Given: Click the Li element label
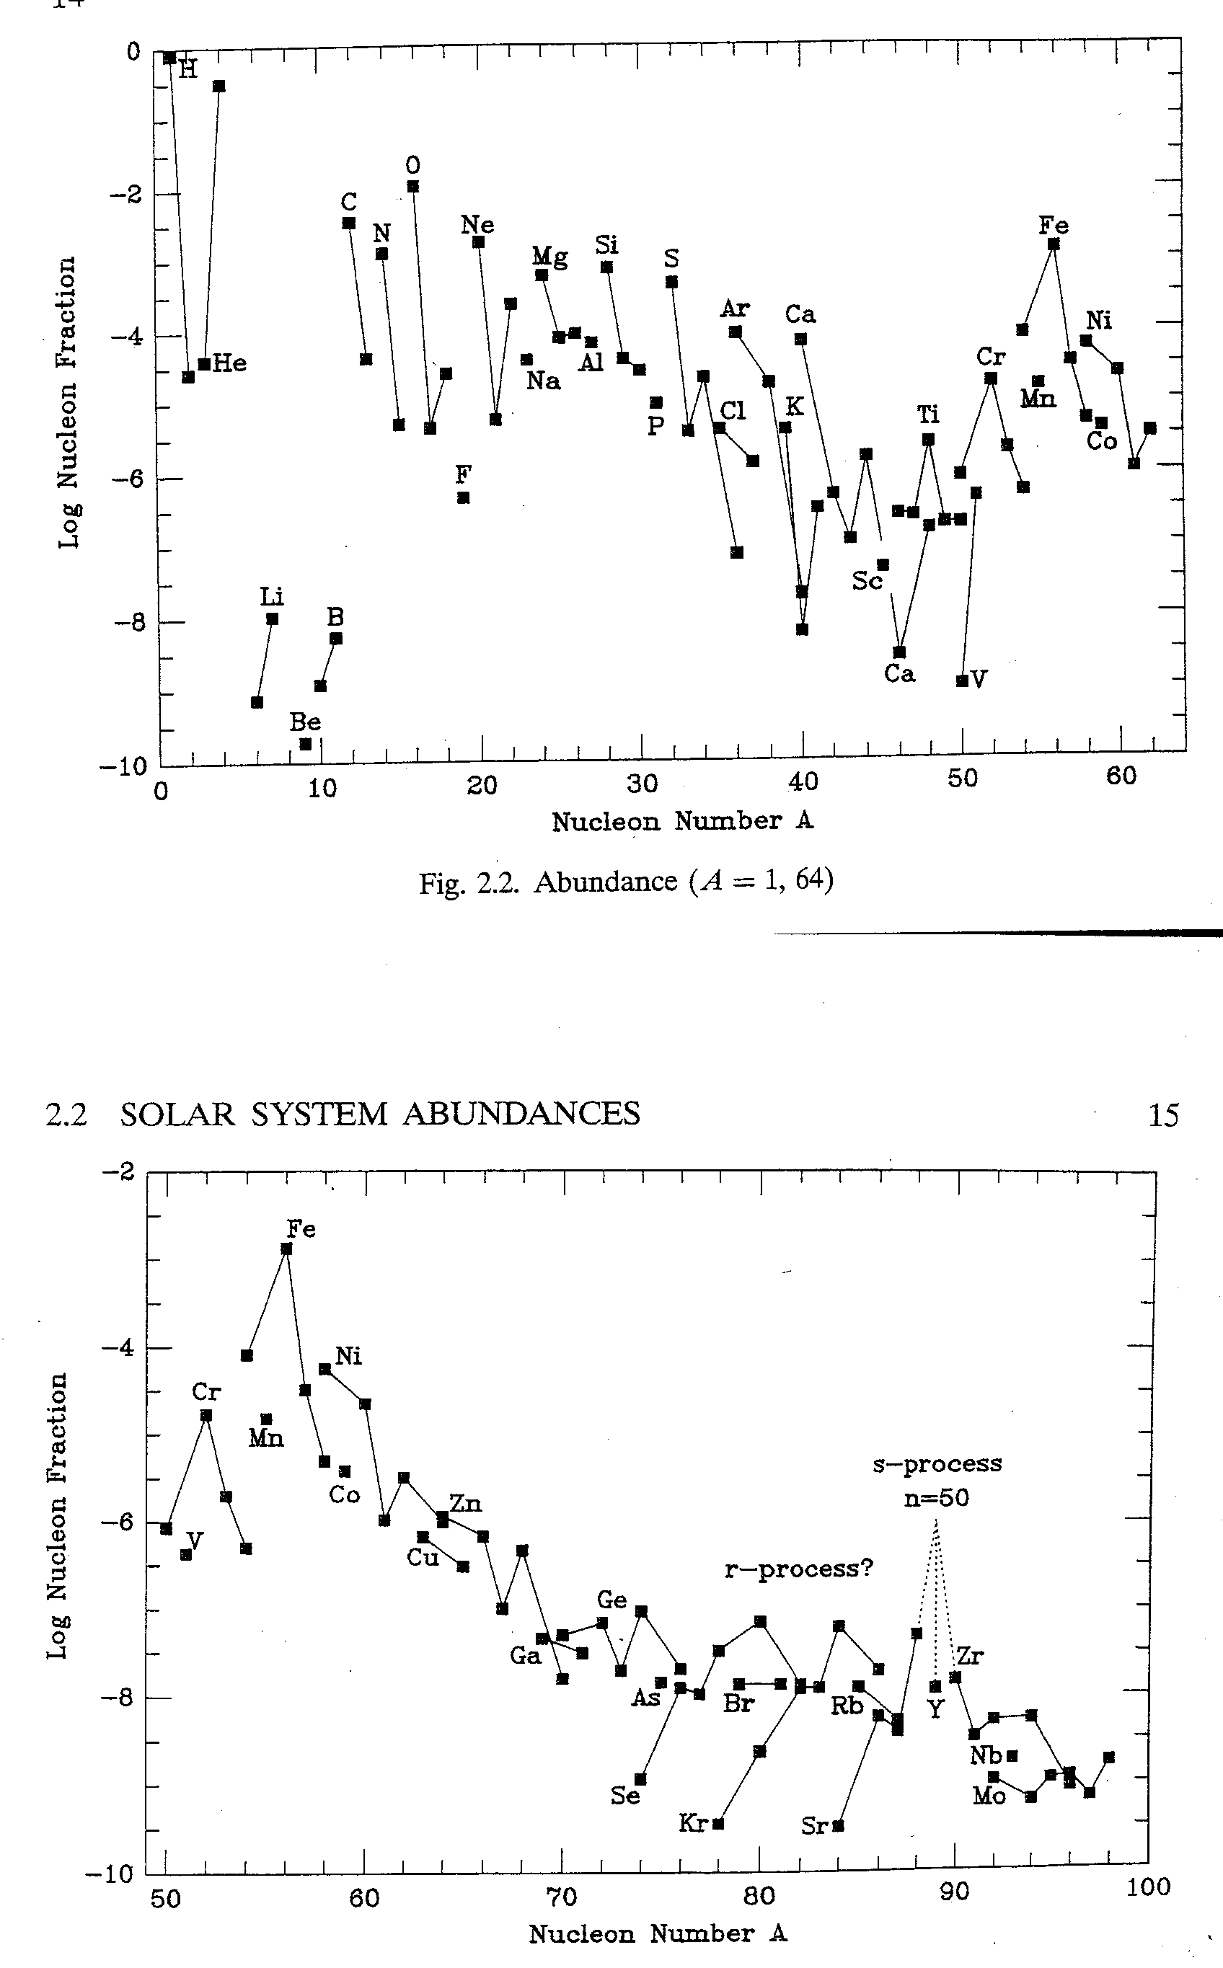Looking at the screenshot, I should [x=271, y=598].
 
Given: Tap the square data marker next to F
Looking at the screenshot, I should [x=464, y=498].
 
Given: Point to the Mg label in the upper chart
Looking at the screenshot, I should [x=549, y=257].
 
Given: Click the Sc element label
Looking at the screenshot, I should [x=867, y=580].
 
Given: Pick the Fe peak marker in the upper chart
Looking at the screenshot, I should [x=1053, y=244].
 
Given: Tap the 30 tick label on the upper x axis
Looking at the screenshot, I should [x=643, y=783].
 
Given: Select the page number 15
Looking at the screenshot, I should [x=1163, y=1116].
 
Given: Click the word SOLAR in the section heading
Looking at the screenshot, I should [x=178, y=1114].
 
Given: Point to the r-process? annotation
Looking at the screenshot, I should [x=798, y=1569].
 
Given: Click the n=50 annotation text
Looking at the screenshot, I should [x=937, y=1497].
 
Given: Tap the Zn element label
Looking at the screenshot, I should [x=465, y=1503].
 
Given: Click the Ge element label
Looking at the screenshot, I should [x=611, y=1600].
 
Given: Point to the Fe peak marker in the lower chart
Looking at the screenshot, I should [x=286, y=1249].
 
